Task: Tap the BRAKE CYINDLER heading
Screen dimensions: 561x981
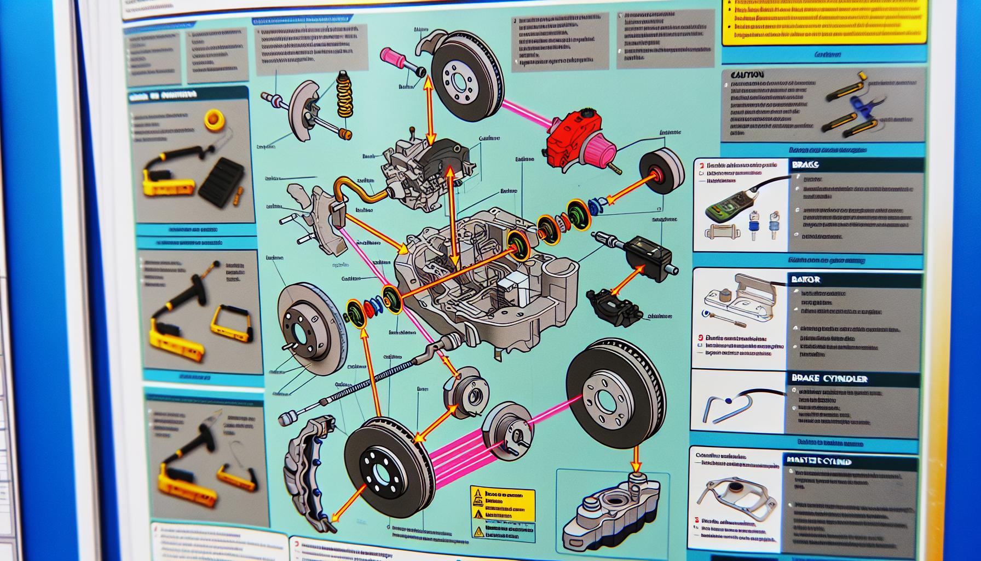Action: click(829, 379)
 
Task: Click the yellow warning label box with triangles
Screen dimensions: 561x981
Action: click(503, 513)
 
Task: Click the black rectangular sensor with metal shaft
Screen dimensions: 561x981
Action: click(649, 253)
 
